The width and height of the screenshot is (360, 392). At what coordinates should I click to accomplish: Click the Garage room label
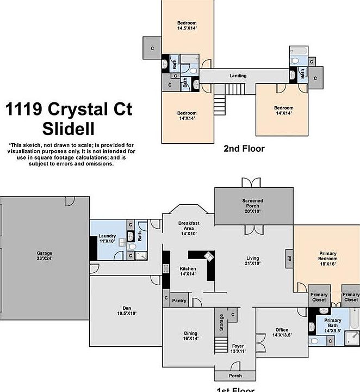pyautogui.click(x=44, y=256)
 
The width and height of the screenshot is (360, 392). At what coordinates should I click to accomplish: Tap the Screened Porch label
pyautogui.click(x=252, y=204)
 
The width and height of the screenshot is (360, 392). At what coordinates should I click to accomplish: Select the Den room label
pyautogui.click(x=126, y=310)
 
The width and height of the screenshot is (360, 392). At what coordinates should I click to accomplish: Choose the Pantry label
pyautogui.click(x=179, y=300)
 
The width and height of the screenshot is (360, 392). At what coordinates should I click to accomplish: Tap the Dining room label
pyautogui.click(x=190, y=336)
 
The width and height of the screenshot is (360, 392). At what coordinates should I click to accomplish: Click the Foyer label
pyautogui.click(x=238, y=349)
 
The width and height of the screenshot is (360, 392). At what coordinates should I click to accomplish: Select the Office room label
pyautogui.click(x=282, y=332)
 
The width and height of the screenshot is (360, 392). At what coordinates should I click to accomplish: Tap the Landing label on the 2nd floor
pyautogui.click(x=238, y=76)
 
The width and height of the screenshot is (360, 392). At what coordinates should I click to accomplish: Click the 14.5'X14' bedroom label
pyautogui.click(x=187, y=25)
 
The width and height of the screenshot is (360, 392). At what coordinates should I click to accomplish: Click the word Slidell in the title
pyautogui.click(x=68, y=129)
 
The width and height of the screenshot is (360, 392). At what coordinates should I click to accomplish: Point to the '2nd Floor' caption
pyautogui.click(x=244, y=148)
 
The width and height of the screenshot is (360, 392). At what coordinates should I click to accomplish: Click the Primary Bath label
pyautogui.click(x=333, y=324)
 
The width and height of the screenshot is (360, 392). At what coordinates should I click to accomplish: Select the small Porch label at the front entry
pyautogui.click(x=235, y=376)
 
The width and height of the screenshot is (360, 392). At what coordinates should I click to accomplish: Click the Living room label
pyautogui.click(x=252, y=261)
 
